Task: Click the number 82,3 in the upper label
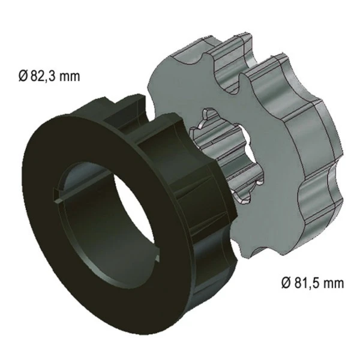[43, 76]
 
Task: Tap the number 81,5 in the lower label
[307, 283]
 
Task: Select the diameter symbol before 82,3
[23, 76]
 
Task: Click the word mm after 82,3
[70, 77]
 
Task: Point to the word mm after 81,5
[334, 284]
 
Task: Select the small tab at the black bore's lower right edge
[157, 257]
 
